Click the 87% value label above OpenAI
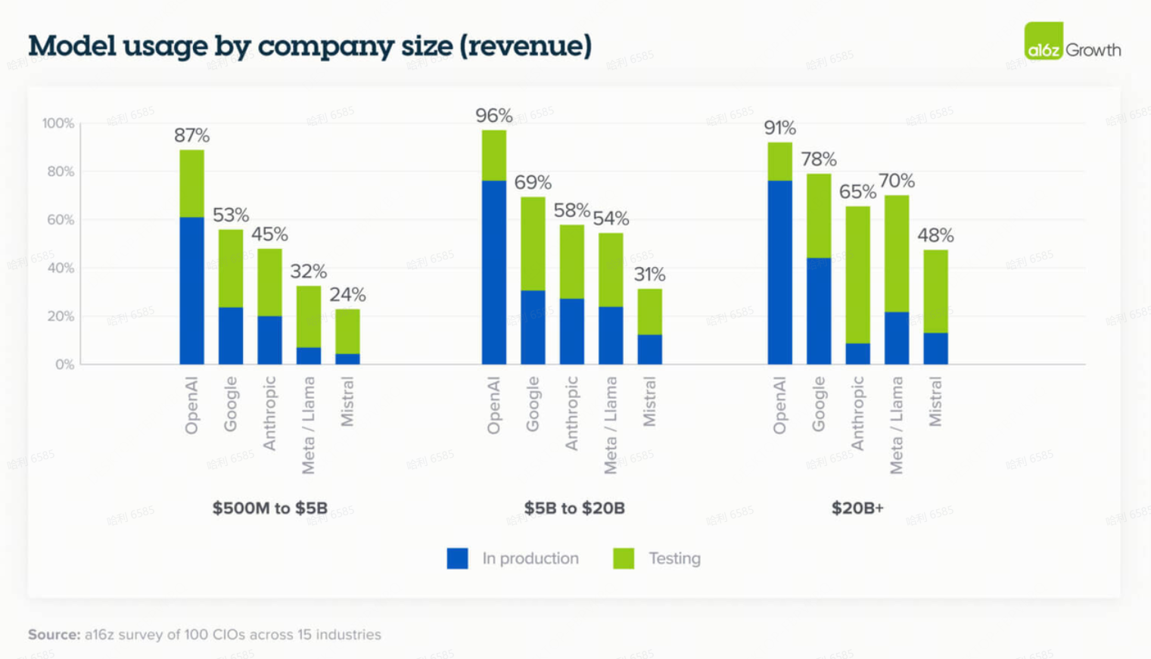click(191, 135)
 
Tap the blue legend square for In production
click(457, 558)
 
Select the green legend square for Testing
click(624, 558)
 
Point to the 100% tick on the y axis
click(58, 123)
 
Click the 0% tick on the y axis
click(64, 365)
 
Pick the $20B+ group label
click(857, 508)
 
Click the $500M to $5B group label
click(269, 508)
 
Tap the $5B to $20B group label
click(574, 508)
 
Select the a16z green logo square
click(1044, 41)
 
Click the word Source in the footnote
click(54, 635)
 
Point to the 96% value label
click(493, 116)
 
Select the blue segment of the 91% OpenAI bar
click(779, 272)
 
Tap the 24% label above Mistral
click(347, 294)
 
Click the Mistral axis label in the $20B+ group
click(935, 402)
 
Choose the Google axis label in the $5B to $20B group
click(533, 404)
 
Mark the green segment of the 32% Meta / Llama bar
click(308, 316)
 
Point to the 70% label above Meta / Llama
click(896, 181)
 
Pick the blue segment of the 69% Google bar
click(533, 327)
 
